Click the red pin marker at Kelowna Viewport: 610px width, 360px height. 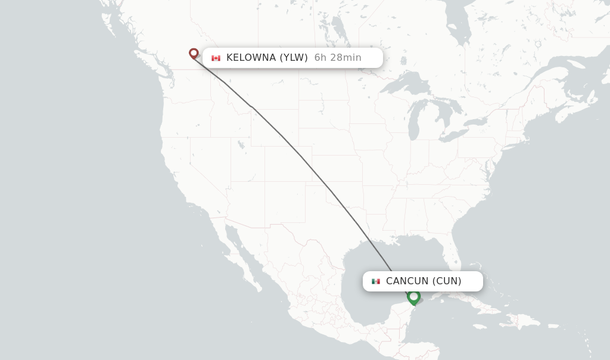(x=194, y=54)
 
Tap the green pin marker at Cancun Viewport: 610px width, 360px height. (x=414, y=296)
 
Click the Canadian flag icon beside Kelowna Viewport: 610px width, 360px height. (x=216, y=58)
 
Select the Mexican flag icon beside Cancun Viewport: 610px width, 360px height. (x=376, y=281)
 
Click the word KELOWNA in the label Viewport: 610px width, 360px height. (x=251, y=58)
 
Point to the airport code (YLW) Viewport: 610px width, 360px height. (x=294, y=58)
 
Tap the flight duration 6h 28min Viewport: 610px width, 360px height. (x=338, y=58)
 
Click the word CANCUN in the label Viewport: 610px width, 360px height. (x=407, y=281)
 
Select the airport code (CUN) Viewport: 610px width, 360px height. (x=447, y=281)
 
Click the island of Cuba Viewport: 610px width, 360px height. (x=471, y=301)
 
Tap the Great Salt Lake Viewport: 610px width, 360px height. (x=241, y=144)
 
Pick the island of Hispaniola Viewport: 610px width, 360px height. (x=524, y=321)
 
